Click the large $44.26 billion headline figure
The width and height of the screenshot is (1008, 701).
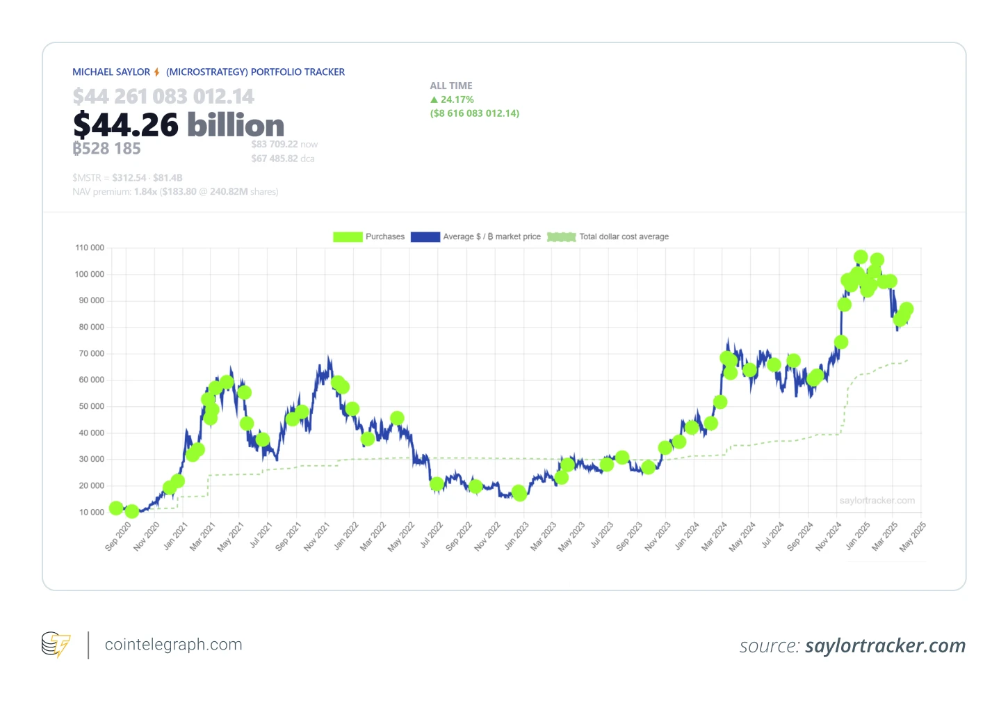pos(179,125)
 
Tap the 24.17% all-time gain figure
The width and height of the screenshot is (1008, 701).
pos(457,99)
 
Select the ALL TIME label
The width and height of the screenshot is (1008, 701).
pos(451,86)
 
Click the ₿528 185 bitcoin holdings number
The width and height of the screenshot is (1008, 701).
pos(107,149)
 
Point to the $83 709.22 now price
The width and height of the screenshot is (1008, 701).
pos(284,145)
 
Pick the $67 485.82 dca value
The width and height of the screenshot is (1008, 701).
pos(283,159)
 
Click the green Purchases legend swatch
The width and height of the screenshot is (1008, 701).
pos(348,237)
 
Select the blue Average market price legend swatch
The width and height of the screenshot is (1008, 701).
pos(425,237)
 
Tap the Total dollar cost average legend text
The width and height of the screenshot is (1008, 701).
pos(624,237)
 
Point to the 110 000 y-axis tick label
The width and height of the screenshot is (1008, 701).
pos(90,248)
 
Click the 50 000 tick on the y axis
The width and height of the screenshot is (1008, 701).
pos(91,406)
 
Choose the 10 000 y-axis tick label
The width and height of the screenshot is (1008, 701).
pos(91,513)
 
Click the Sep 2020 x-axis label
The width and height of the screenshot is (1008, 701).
pos(118,537)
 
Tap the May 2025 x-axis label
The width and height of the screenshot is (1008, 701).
pos(912,537)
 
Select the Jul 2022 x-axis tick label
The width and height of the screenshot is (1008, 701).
pos(431,536)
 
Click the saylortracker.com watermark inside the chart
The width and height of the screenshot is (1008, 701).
pos(877,501)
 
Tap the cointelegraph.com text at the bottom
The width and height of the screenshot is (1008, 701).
pos(173,645)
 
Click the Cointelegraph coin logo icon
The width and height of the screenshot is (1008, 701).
pos(56,645)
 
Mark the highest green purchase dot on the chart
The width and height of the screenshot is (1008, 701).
pos(861,257)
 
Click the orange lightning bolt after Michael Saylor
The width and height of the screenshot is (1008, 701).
pos(157,72)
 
